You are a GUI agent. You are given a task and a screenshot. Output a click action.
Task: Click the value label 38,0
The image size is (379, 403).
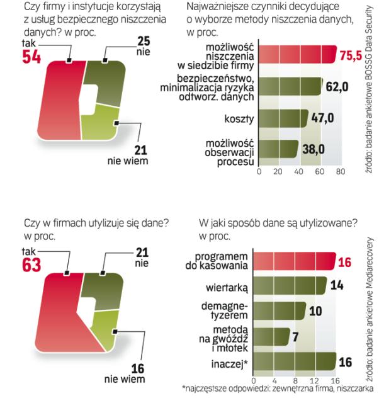312,149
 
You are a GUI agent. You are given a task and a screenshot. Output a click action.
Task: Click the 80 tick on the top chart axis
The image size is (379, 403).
341,171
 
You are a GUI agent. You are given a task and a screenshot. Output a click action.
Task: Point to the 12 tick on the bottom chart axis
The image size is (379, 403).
315,380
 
